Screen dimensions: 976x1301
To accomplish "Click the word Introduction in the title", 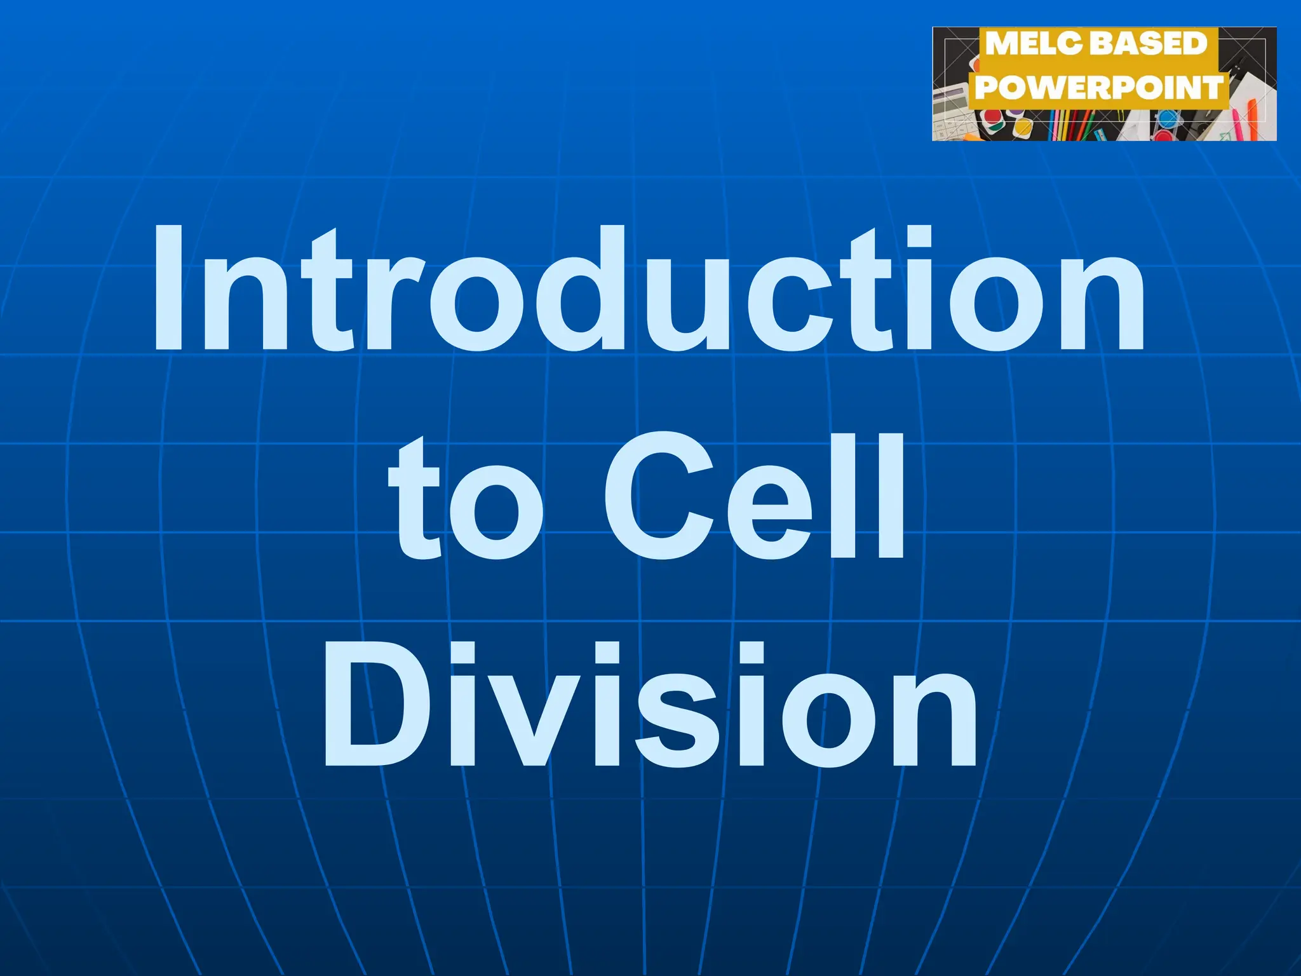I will coord(648,289).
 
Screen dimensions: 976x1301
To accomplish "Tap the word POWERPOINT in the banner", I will coord(1099,87).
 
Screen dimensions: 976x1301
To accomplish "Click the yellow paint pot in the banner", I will coord(1021,127).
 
